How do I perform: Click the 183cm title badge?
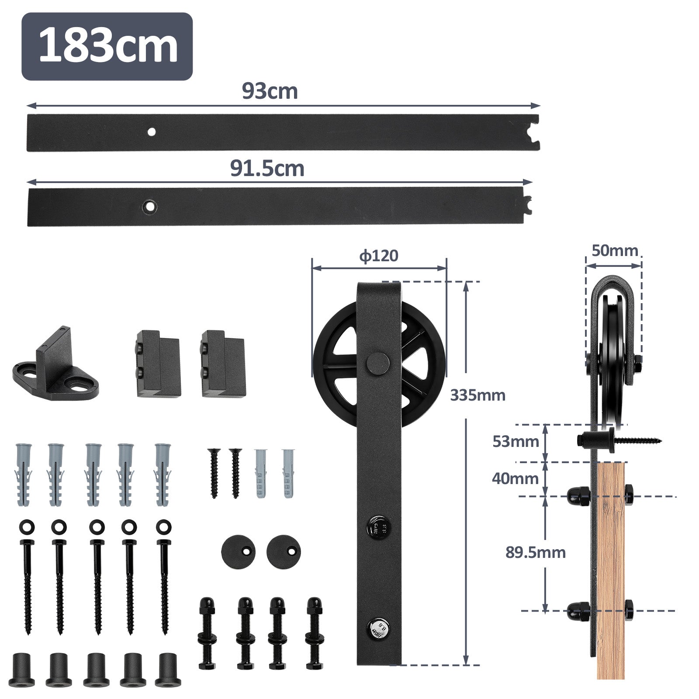107,46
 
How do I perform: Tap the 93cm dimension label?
270,91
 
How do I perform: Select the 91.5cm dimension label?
267,168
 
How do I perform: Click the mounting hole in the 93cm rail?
152,131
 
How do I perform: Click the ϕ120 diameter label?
379,256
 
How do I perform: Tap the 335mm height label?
478,395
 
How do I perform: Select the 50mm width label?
615,251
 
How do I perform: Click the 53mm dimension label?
516,442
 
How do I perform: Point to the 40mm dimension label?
515,478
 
